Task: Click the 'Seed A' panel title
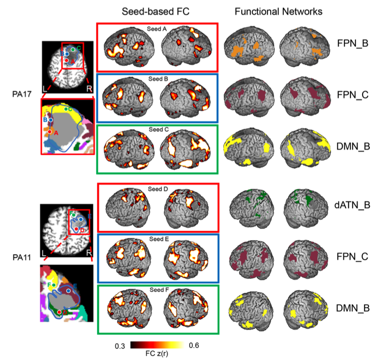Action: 157,29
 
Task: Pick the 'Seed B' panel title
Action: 157,79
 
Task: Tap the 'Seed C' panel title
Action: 157,129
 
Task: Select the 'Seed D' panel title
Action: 157,189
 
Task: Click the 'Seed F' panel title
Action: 157,290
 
